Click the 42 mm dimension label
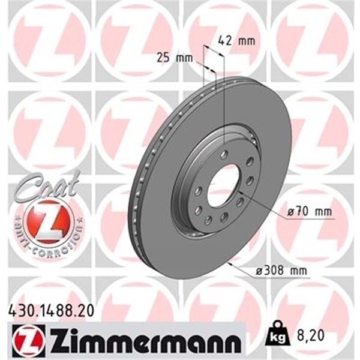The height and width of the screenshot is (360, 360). point(232,41)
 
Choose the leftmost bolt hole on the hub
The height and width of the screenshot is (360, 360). point(197,191)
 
